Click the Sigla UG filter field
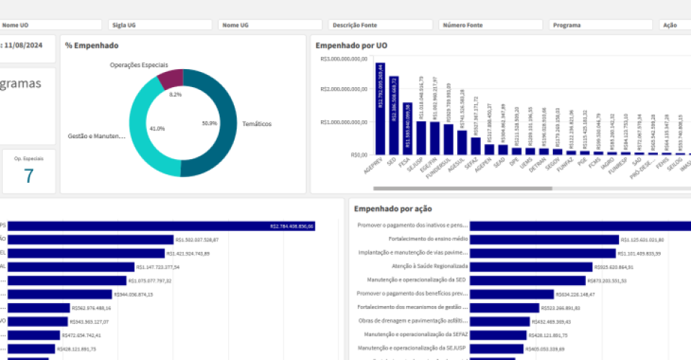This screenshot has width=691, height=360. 160,24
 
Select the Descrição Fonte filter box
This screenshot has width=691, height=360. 380,24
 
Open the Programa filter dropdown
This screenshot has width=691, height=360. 600,24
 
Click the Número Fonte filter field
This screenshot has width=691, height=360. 490,24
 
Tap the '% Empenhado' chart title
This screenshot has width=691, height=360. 91,45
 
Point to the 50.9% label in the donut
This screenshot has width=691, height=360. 209,123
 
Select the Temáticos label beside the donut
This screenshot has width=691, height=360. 257,124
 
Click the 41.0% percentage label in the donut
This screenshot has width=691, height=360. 157,128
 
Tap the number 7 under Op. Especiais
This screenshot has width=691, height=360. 29,176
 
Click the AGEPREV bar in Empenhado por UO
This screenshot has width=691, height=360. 380,108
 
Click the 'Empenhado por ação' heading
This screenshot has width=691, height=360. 393,209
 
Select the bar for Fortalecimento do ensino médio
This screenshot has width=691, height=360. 544,240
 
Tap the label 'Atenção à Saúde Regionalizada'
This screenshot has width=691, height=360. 423,266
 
